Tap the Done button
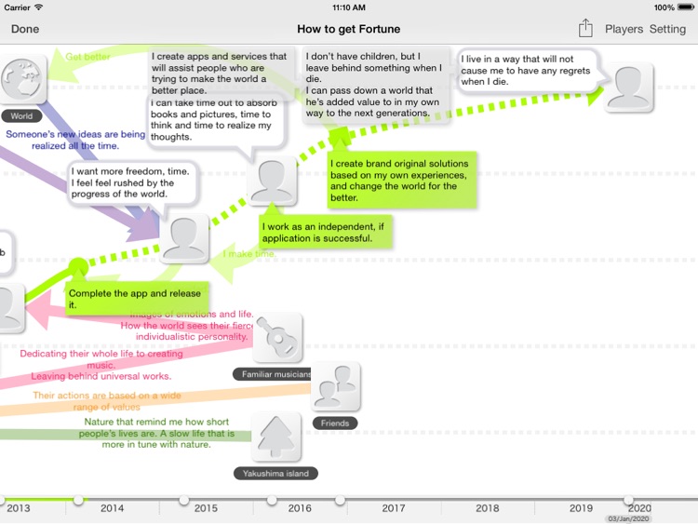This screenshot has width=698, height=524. pyautogui.click(x=25, y=29)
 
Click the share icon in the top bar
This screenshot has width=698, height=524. pyautogui.click(x=584, y=29)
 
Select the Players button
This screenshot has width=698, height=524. pyautogui.click(x=624, y=29)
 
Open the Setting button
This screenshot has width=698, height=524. pyautogui.click(x=667, y=29)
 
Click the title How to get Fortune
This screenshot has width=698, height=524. pyautogui.click(x=348, y=29)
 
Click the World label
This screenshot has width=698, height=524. pyautogui.click(x=21, y=116)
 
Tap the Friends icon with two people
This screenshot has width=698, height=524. pyautogui.click(x=335, y=387)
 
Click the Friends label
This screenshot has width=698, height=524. pyautogui.click(x=335, y=423)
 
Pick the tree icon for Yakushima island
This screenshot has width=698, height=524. pyautogui.click(x=275, y=436)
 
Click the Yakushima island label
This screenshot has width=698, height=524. pyautogui.click(x=275, y=473)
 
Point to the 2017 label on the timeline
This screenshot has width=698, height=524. pyautogui.click(x=393, y=508)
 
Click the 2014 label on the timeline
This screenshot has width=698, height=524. pyautogui.click(x=112, y=508)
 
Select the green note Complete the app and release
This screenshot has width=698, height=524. pyautogui.click(x=134, y=299)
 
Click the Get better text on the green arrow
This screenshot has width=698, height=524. pyautogui.click(x=88, y=57)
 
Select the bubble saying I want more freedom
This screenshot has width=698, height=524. pyautogui.click(x=134, y=182)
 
